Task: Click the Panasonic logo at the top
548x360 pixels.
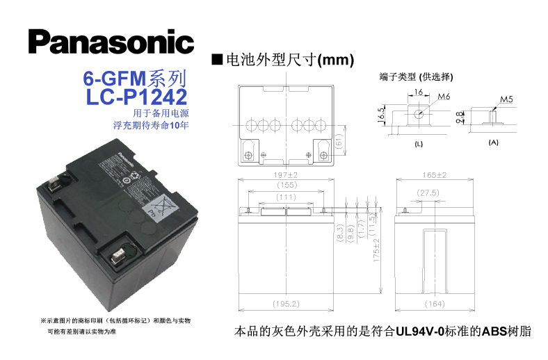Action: coord(111,41)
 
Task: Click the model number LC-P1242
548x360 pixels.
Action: coord(137,96)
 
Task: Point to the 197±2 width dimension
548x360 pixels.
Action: coord(286,175)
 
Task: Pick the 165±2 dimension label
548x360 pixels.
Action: coord(434,175)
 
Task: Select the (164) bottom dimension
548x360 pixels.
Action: coord(434,304)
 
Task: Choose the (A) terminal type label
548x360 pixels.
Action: coord(494,142)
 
